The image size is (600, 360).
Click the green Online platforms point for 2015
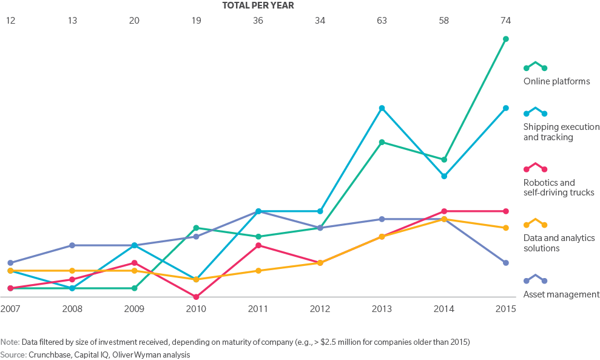506,39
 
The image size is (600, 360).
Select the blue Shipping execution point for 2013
382,108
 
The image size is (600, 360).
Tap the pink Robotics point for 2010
196,297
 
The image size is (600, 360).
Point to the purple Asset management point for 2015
506,263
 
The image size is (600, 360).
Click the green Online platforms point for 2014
444,160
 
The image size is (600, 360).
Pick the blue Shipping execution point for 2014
444,177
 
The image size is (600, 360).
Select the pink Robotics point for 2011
258,245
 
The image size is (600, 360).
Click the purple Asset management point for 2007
10,263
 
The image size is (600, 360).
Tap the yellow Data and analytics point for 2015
506,228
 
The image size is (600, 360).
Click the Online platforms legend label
556,81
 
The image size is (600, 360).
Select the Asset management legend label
561,294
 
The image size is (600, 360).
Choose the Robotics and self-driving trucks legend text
558,188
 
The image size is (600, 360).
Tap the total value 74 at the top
505,21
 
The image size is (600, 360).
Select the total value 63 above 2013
382,21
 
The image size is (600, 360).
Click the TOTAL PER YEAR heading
258,5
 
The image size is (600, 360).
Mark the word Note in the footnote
9,342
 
